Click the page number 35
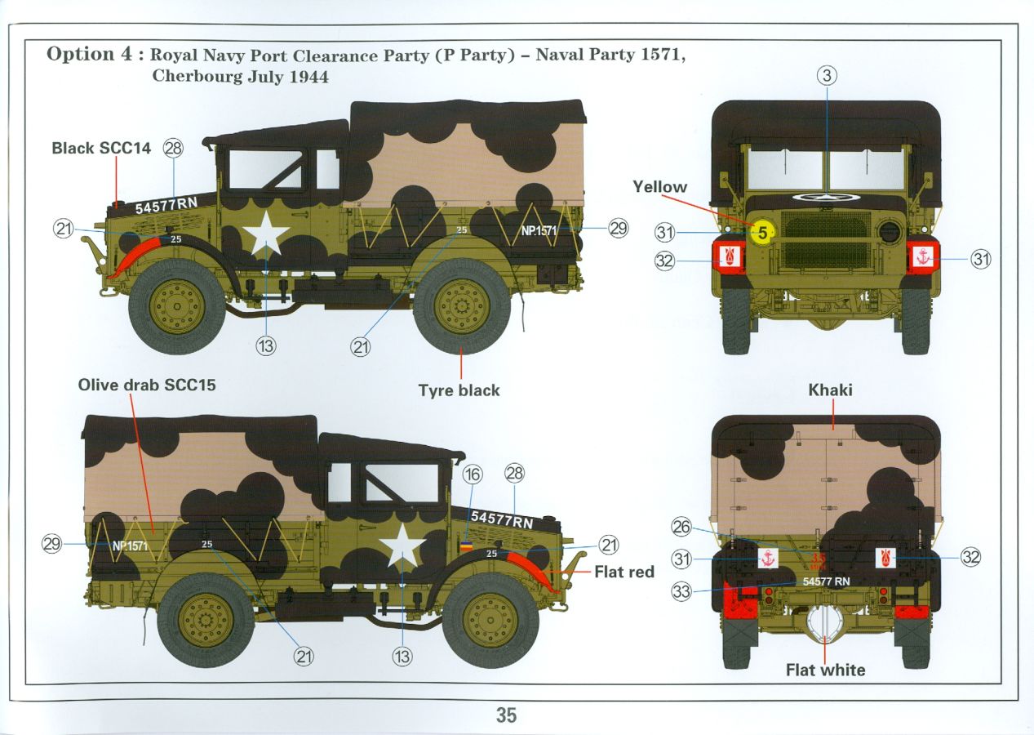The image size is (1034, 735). [506, 715]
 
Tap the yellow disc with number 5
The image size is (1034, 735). [762, 233]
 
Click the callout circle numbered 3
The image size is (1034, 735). [827, 75]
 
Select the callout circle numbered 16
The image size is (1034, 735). [473, 474]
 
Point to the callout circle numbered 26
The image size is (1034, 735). [681, 527]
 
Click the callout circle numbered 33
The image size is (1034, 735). [681, 591]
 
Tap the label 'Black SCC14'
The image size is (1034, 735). [101, 148]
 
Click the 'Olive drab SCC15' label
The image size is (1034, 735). [147, 385]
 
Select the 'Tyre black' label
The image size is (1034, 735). [459, 390]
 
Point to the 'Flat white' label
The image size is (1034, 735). [825, 670]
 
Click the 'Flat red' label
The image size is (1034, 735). [624, 572]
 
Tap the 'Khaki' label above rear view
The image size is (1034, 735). [830, 390]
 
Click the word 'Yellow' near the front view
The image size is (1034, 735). [659, 187]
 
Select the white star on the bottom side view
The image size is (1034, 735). [402, 546]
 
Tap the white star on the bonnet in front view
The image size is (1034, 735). [826, 198]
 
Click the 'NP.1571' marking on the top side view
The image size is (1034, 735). [539, 230]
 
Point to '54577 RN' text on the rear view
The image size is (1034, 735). [826, 581]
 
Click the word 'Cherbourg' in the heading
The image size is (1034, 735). [197, 76]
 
